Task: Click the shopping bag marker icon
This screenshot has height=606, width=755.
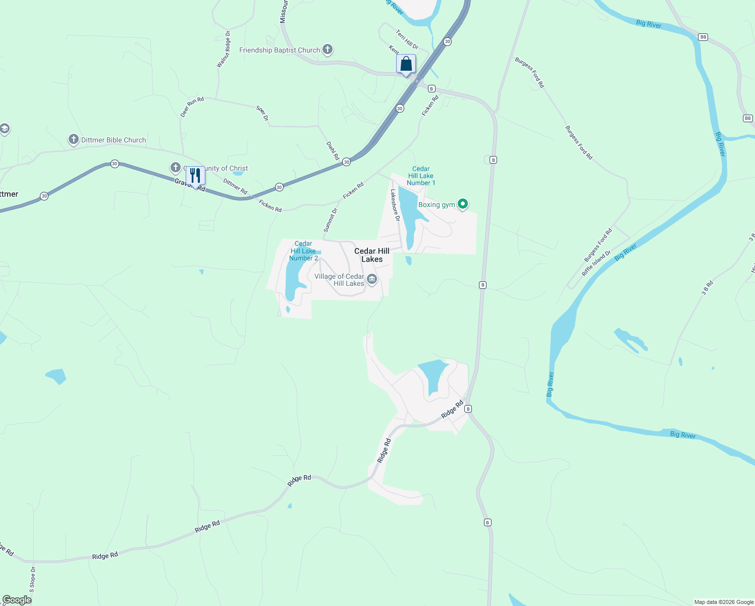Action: click(x=406, y=65)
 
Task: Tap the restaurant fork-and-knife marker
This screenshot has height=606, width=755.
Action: click(x=195, y=176)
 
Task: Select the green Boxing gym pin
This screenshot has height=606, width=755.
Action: click(x=463, y=204)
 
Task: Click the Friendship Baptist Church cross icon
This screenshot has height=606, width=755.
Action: click(x=328, y=49)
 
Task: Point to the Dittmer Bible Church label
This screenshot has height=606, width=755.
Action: click(x=114, y=140)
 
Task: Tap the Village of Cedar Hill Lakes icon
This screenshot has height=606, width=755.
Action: click(x=372, y=279)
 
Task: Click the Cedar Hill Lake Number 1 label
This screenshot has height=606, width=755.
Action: click(x=421, y=176)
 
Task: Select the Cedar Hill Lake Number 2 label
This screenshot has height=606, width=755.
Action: click(x=303, y=251)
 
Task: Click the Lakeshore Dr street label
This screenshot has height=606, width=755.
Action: click(x=395, y=206)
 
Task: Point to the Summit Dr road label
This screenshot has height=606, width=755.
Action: click(x=331, y=220)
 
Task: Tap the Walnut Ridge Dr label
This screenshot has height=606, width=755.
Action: click(x=224, y=49)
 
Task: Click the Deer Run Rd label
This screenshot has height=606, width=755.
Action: click(x=192, y=107)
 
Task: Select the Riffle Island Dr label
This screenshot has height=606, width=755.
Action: click(x=596, y=263)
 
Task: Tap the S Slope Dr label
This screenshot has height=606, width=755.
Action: click(x=32, y=579)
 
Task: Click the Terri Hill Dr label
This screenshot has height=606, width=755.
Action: click(x=407, y=40)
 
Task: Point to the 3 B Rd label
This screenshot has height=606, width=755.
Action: click(x=707, y=288)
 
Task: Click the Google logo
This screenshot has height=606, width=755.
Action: click(x=17, y=600)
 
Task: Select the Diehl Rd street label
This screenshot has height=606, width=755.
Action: click(x=333, y=150)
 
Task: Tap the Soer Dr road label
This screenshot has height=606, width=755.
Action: click(x=262, y=113)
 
